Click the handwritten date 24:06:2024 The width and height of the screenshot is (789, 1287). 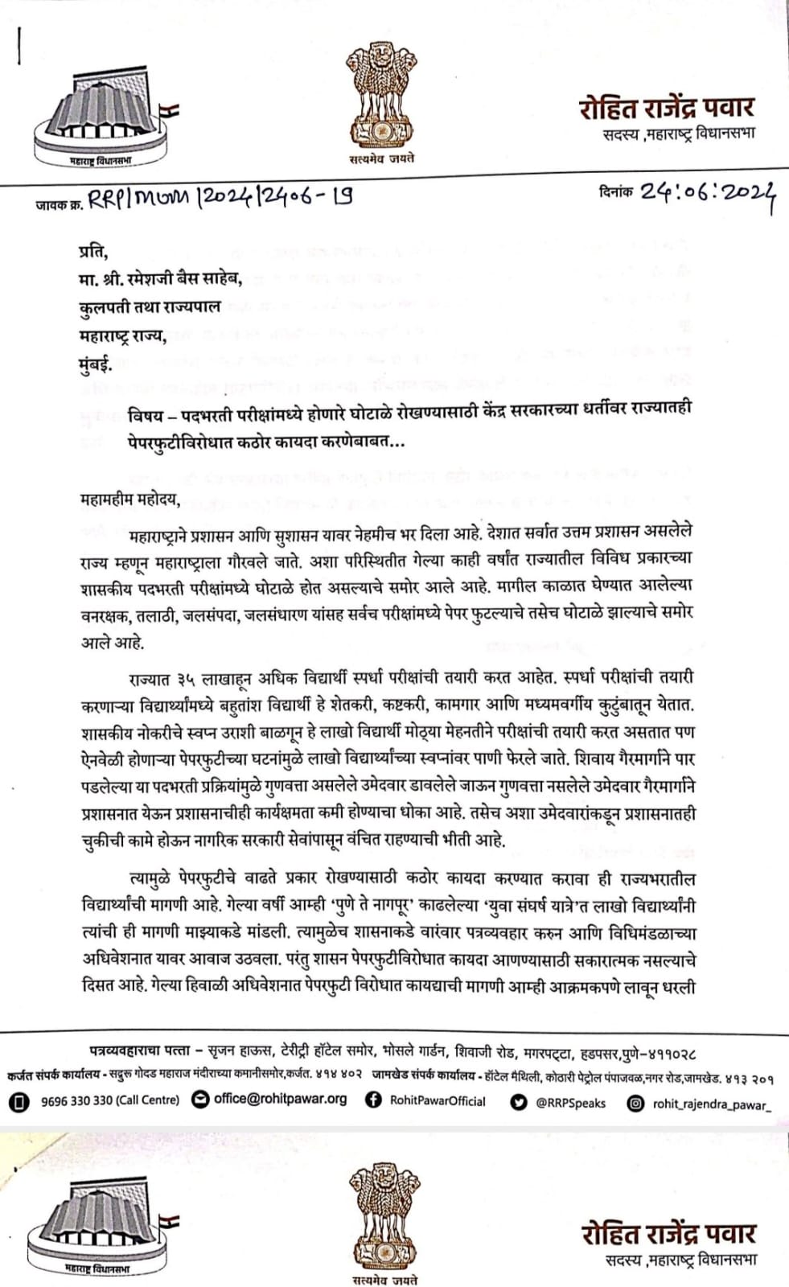pyautogui.click(x=708, y=195)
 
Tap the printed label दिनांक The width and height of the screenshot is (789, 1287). pyautogui.click(x=616, y=192)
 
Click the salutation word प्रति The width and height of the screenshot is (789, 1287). pyautogui.click(x=93, y=253)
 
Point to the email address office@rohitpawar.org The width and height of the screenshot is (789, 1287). pyautogui.click(x=280, y=1100)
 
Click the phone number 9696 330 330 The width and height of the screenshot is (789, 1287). pyautogui.click(x=78, y=1100)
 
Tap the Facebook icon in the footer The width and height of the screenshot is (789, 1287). pyautogui.click(x=373, y=1100)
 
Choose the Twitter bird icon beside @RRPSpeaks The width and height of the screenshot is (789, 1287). pyautogui.click(x=519, y=1102)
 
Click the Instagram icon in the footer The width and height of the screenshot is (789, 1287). pyautogui.click(x=636, y=1103)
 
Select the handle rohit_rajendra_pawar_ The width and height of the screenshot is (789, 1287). pyautogui.click(x=711, y=1104)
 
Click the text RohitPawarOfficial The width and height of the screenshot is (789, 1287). pyautogui.click(x=438, y=1100)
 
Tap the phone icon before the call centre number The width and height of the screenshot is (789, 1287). pyautogui.click(x=19, y=1101)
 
